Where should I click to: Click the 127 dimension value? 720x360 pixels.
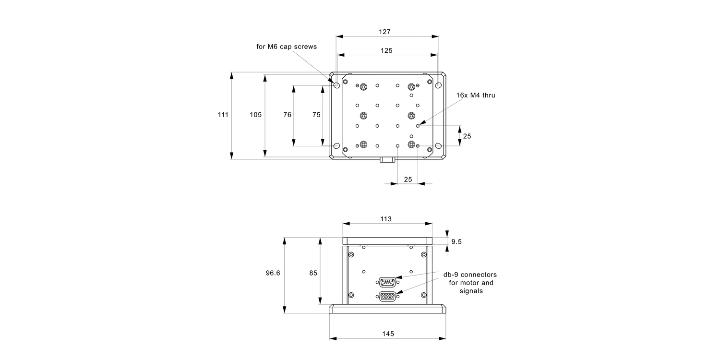[x=384, y=32]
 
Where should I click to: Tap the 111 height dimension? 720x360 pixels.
[x=223, y=115]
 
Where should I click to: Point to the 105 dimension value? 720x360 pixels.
[x=255, y=115]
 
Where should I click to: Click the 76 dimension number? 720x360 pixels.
[x=288, y=115]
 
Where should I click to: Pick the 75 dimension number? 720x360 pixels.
[x=316, y=115]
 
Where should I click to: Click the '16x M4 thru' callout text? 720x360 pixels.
[x=476, y=96]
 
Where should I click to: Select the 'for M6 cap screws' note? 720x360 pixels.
[x=287, y=47]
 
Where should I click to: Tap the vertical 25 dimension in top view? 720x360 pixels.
[x=467, y=136]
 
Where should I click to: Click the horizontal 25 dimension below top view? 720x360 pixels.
[x=408, y=179]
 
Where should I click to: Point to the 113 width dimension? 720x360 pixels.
[x=386, y=219]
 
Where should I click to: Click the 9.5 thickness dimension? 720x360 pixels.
[x=456, y=241]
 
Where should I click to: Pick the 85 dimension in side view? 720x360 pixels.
[x=313, y=273]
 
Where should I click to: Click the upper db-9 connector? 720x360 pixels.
[x=387, y=281]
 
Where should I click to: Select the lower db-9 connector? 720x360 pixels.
[x=387, y=297]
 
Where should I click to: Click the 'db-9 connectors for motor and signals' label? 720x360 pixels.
[x=470, y=283]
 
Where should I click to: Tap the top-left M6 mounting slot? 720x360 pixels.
[x=336, y=85]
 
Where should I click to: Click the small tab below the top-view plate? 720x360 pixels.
[x=387, y=159]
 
